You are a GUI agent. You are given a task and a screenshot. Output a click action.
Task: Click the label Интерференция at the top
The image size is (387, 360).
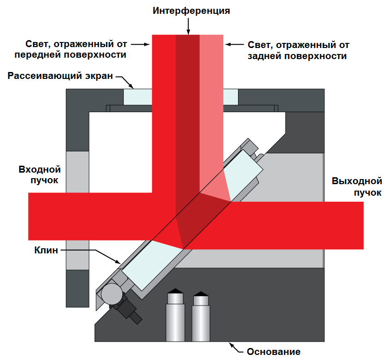(x=191, y=10)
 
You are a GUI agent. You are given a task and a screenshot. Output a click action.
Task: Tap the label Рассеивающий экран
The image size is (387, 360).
(x=60, y=76)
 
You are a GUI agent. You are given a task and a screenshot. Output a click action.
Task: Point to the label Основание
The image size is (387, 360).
(x=274, y=352)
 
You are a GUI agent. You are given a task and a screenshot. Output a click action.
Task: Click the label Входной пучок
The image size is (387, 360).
(x=38, y=174)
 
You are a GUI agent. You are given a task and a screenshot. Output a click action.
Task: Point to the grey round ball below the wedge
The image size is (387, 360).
(x=112, y=292)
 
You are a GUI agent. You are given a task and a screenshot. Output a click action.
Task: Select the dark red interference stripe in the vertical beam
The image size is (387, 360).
(x=188, y=115)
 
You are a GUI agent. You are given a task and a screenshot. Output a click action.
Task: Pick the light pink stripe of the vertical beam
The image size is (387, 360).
(x=212, y=115)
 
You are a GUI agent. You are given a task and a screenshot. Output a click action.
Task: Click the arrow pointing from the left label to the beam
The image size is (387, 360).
(x=140, y=45)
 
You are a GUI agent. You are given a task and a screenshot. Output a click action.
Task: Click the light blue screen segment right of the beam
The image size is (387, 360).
(x=231, y=96)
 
